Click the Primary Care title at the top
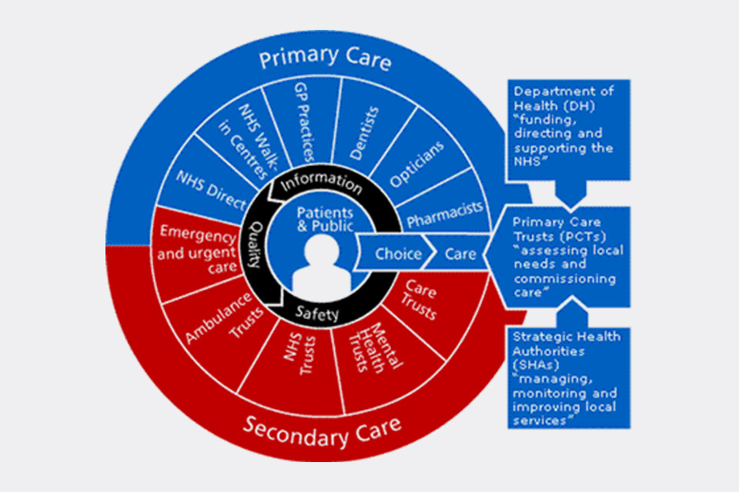point(324,59)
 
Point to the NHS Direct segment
point(205,184)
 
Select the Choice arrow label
point(398,254)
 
